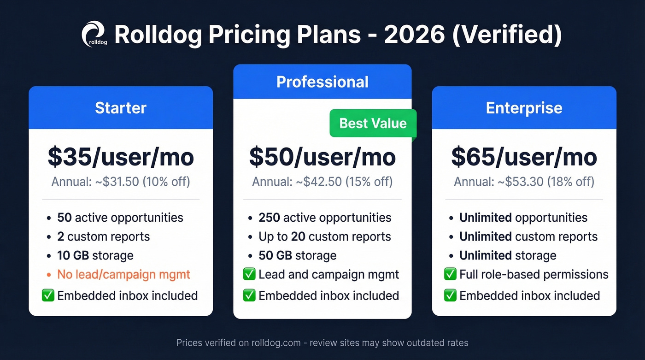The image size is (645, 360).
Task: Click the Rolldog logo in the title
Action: point(94,34)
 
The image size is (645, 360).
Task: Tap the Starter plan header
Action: point(121,108)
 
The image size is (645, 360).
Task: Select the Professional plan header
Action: point(322,82)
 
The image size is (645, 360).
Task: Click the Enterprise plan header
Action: point(524,108)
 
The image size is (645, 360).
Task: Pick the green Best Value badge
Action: point(373,123)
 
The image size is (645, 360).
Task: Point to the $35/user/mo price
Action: point(121,157)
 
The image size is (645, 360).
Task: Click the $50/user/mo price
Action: point(322,157)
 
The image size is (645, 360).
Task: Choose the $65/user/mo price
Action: point(524,157)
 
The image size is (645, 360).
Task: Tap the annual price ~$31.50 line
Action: point(121,182)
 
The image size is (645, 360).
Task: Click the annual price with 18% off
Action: point(524,182)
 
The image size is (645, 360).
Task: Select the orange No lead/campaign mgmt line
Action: point(123,275)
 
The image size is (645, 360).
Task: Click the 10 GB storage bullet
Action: point(95,255)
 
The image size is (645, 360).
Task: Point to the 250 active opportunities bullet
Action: point(325,218)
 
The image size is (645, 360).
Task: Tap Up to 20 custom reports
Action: point(325,237)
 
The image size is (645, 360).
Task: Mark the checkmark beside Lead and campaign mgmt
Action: point(249,275)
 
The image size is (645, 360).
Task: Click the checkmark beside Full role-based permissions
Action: point(450,275)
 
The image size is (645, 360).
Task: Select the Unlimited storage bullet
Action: point(508,255)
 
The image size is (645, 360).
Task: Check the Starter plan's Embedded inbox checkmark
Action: point(48,295)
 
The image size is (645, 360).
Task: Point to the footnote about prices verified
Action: point(322,343)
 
